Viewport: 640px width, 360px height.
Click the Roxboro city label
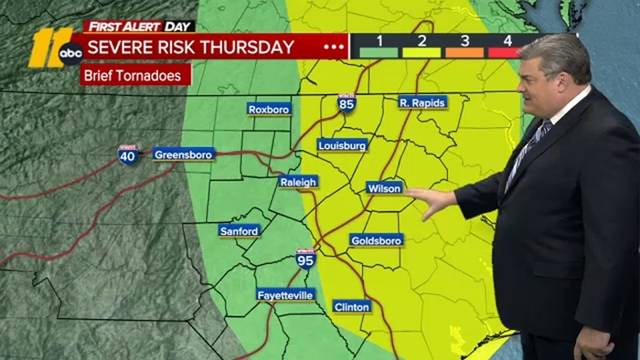(269, 110)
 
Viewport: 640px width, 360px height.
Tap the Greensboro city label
(184, 154)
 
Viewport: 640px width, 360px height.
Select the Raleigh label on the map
(298, 182)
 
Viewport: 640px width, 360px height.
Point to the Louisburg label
(343, 145)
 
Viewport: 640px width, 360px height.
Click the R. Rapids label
(422, 103)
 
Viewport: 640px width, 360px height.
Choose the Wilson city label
(385, 187)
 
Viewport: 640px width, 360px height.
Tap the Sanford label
(240, 231)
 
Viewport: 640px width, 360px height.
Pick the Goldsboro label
(376, 240)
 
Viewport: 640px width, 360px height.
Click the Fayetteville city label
(285, 295)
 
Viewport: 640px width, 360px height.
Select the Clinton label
(352, 306)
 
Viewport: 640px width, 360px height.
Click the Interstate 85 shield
(347, 103)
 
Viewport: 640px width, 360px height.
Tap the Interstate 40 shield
(129, 155)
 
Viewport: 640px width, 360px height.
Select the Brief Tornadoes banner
(135, 75)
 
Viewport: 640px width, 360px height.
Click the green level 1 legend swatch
(379, 52)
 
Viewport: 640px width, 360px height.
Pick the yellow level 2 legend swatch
(422, 52)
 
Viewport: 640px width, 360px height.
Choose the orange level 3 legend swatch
(465, 52)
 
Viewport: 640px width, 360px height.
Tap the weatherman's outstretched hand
(433, 198)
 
